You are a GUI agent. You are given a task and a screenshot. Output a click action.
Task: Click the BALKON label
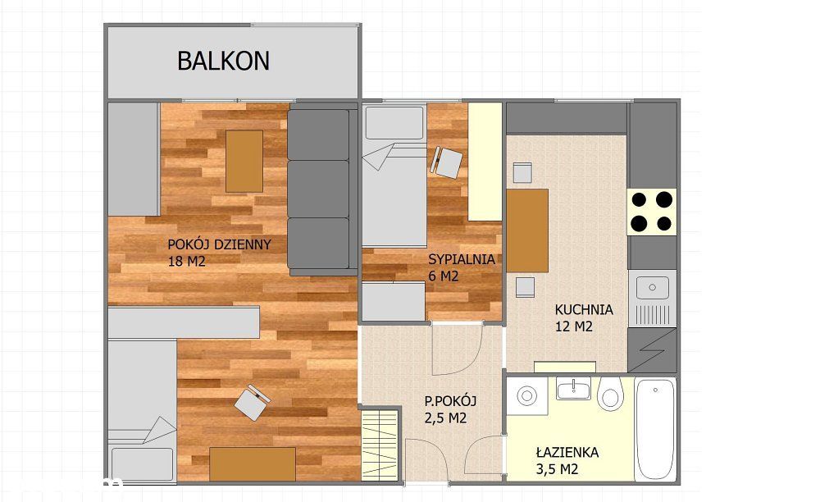(x=223, y=61)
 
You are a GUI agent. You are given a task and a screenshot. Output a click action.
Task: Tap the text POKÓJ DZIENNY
(x=219, y=244)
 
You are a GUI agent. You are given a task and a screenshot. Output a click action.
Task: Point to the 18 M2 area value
(x=186, y=262)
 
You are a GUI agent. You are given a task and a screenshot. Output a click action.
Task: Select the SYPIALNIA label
(x=462, y=259)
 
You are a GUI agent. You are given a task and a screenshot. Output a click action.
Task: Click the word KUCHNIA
(x=584, y=310)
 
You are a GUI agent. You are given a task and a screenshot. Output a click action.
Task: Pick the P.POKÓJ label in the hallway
(x=450, y=401)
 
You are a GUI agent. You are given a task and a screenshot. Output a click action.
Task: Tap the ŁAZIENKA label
(x=567, y=452)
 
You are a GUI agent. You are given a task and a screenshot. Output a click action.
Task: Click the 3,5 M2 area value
(x=558, y=469)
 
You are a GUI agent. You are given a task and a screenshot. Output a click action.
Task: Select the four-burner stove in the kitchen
(x=653, y=210)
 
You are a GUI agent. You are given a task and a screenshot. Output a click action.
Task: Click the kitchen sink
(x=653, y=287)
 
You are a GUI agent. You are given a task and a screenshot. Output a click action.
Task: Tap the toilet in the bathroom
(x=609, y=395)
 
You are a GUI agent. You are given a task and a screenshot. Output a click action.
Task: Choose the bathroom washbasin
(x=573, y=389)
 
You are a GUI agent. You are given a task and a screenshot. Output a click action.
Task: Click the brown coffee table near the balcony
(x=244, y=161)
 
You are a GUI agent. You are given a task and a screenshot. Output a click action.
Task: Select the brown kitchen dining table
(x=527, y=230)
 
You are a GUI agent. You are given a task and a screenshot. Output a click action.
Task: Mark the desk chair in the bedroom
(x=447, y=162)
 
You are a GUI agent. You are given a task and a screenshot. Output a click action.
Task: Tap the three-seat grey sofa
(x=318, y=189)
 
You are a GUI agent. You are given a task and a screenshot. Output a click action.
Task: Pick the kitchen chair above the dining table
(x=522, y=172)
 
